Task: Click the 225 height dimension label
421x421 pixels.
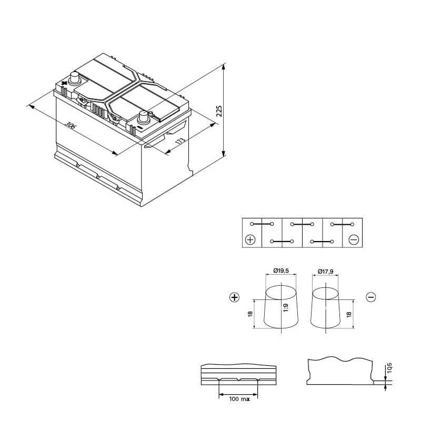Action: [219, 111]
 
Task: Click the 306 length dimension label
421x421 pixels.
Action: [71, 125]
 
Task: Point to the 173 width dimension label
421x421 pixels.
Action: [180, 141]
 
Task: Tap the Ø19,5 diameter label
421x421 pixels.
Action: [281, 270]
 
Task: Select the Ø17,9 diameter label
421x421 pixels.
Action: [325, 272]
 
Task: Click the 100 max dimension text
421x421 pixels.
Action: [239, 399]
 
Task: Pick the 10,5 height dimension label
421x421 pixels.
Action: [389, 367]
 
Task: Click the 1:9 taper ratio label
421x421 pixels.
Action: [285, 308]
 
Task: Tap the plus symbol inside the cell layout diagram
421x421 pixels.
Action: [250, 239]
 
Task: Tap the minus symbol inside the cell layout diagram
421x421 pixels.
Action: [353, 239]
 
